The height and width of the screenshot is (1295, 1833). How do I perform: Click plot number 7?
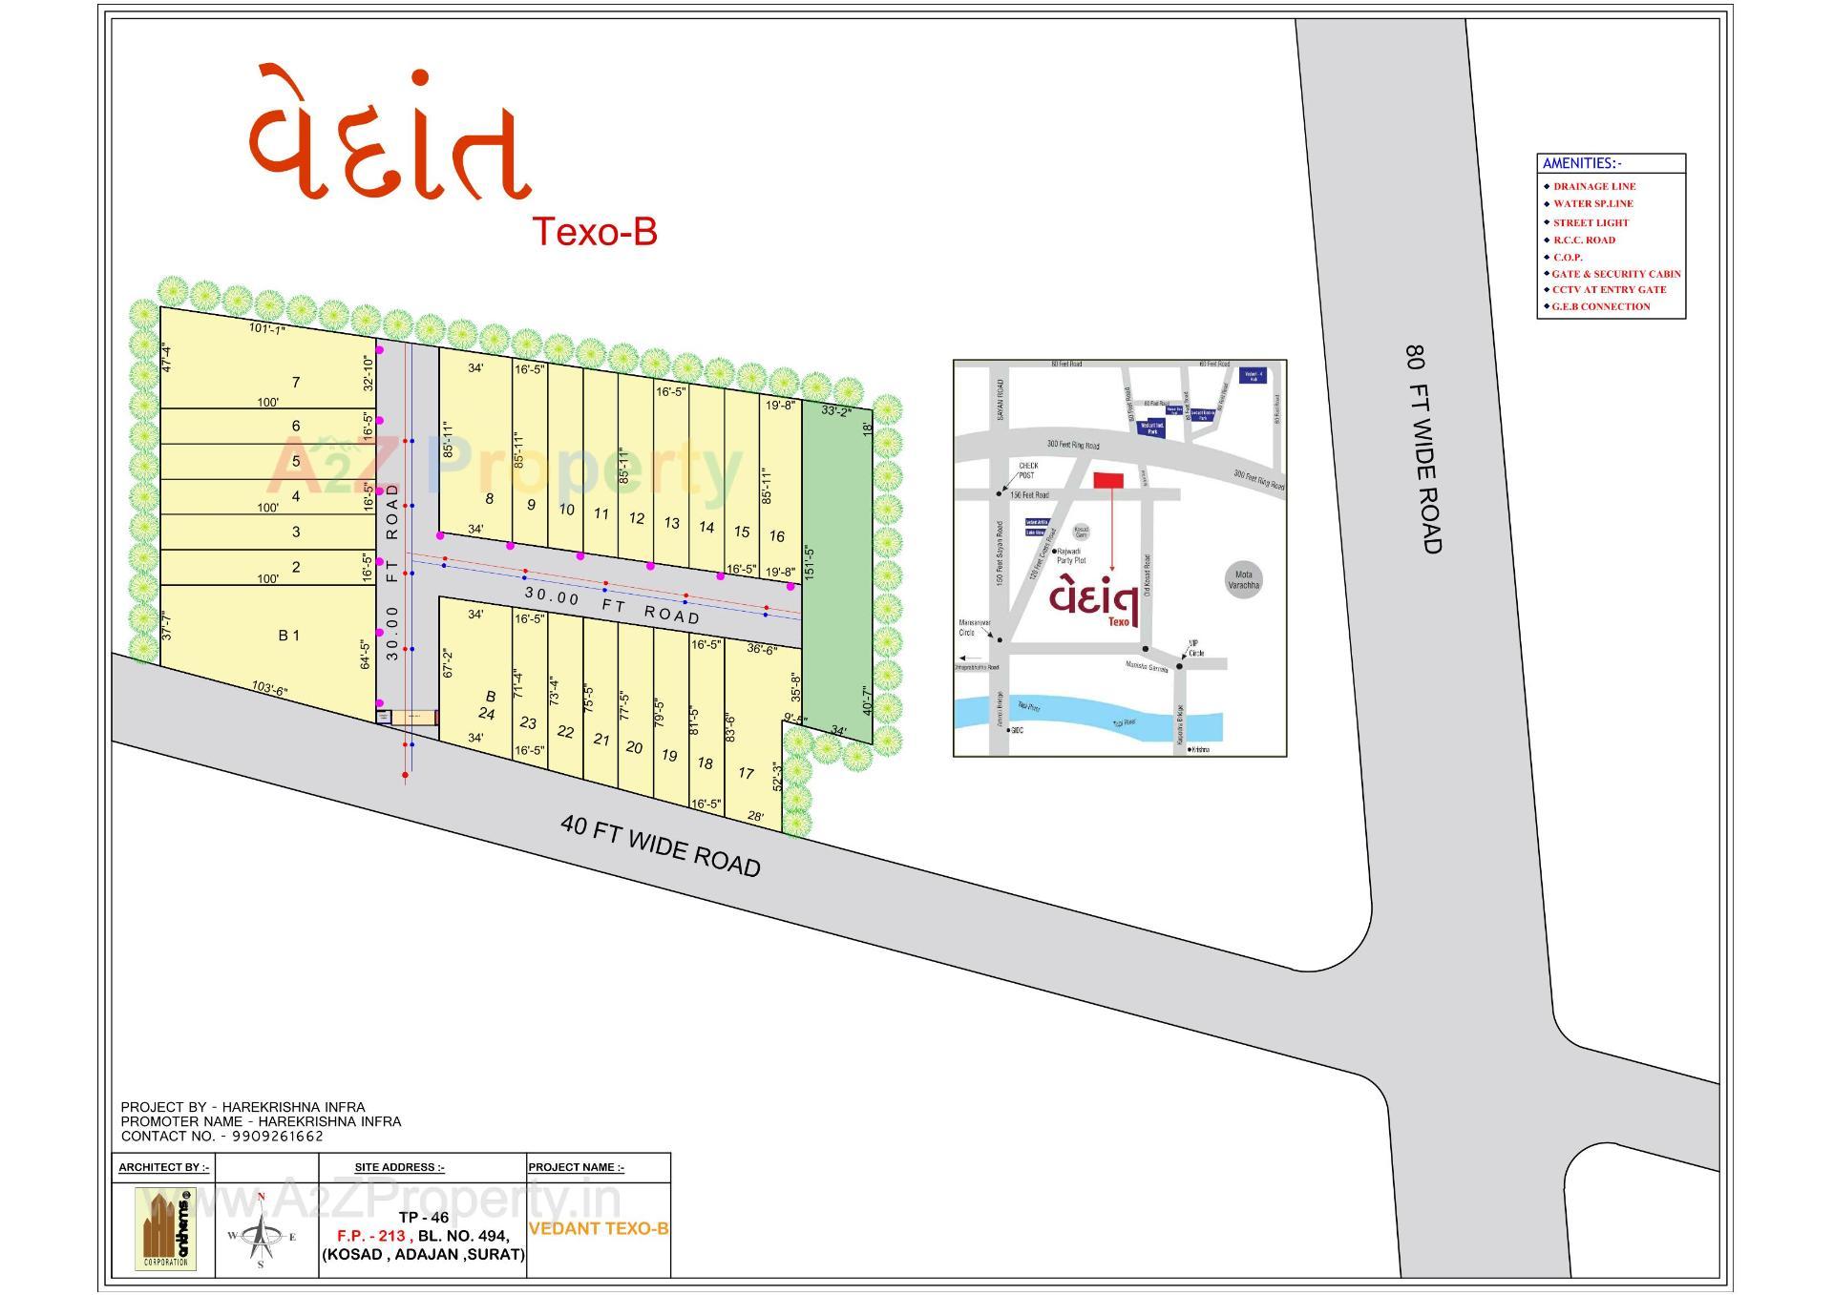pyautogui.click(x=296, y=383)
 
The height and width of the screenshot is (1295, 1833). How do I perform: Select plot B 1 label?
pyautogui.click(x=289, y=636)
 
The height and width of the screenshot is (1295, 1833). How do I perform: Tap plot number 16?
pyautogui.click(x=777, y=536)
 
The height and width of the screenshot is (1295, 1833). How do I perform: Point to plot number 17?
pyautogui.click(x=746, y=773)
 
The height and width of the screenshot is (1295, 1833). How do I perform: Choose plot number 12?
pyautogui.click(x=637, y=519)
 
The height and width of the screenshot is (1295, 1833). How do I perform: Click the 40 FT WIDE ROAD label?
pyautogui.click(x=661, y=846)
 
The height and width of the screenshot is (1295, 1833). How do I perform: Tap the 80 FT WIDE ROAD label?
pyautogui.click(x=1422, y=449)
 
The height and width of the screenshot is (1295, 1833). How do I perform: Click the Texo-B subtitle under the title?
pyautogui.click(x=595, y=232)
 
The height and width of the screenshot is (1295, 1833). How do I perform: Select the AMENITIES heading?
pyautogui.click(x=1582, y=163)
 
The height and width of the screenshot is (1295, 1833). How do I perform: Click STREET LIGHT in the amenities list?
pyautogui.click(x=1591, y=222)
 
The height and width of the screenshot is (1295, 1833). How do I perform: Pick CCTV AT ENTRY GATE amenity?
pyautogui.click(x=1609, y=289)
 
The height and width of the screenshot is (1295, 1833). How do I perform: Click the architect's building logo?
pyautogui.click(x=166, y=1229)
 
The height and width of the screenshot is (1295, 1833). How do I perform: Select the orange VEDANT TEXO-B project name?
pyautogui.click(x=599, y=1228)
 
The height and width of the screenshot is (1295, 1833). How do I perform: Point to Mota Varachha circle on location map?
pyautogui.click(x=1243, y=580)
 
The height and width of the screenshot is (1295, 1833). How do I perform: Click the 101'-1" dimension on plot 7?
pyautogui.click(x=267, y=329)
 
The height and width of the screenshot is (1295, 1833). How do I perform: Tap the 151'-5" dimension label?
pyautogui.click(x=809, y=562)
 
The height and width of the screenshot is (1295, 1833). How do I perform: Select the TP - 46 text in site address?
pyautogui.click(x=423, y=1218)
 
